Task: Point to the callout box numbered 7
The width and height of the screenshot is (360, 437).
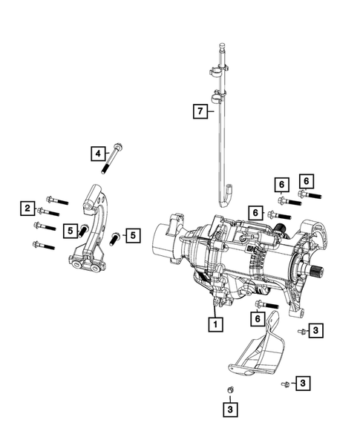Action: click(199, 111)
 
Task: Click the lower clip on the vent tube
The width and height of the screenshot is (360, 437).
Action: click(218, 96)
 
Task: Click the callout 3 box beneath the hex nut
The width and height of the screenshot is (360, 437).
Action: click(231, 408)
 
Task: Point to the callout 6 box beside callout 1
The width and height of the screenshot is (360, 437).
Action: click(258, 318)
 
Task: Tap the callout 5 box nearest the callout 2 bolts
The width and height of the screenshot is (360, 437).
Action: click(68, 231)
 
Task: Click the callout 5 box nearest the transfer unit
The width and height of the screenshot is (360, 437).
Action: click(132, 235)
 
